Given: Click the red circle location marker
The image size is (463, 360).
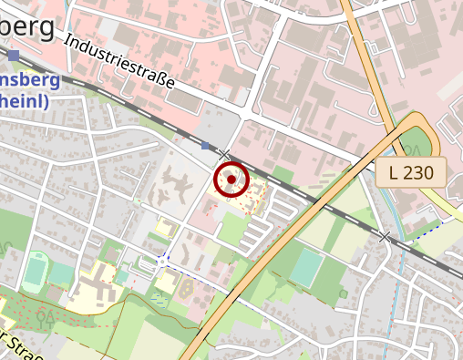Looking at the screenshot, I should (x=231, y=180).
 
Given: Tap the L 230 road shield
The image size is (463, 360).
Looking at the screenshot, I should (x=411, y=171).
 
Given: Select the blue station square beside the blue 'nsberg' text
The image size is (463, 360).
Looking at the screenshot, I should (x=15, y=57).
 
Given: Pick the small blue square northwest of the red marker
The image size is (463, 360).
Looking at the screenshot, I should (x=206, y=145).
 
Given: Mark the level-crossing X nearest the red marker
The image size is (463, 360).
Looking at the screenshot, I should (x=225, y=156).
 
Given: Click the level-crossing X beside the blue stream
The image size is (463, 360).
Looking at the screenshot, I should (x=385, y=237).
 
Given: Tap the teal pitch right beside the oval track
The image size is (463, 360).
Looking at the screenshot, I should (x=60, y=273).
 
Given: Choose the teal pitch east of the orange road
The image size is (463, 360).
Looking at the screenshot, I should (x=306, y=266).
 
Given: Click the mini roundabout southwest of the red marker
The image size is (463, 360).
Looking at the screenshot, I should (x=162, y=261).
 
